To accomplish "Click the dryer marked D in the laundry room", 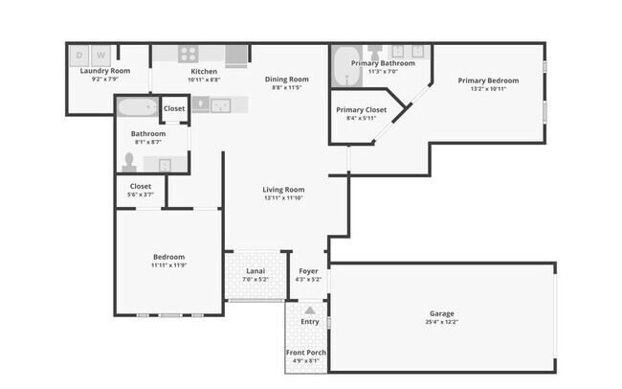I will (x=80, y=55).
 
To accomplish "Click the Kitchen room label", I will (x=204, y=71).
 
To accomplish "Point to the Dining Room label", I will (x=286, y=79).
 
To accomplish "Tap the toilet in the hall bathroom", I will (x=130, y=161).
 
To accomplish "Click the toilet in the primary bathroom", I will (x=376, y=50).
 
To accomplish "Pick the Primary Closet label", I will (x=361, y=110).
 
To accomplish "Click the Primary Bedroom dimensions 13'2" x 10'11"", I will (x=488, y=89).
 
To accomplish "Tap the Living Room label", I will (x=283, y=190).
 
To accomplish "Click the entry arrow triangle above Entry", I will (x=309, y=310).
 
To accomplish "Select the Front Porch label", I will (x=306, y=354).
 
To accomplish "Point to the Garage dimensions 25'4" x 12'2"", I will (x=441, y=322).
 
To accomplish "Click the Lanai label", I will (x=255, y=271).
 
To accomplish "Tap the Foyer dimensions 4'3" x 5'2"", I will (x=308, y=280).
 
